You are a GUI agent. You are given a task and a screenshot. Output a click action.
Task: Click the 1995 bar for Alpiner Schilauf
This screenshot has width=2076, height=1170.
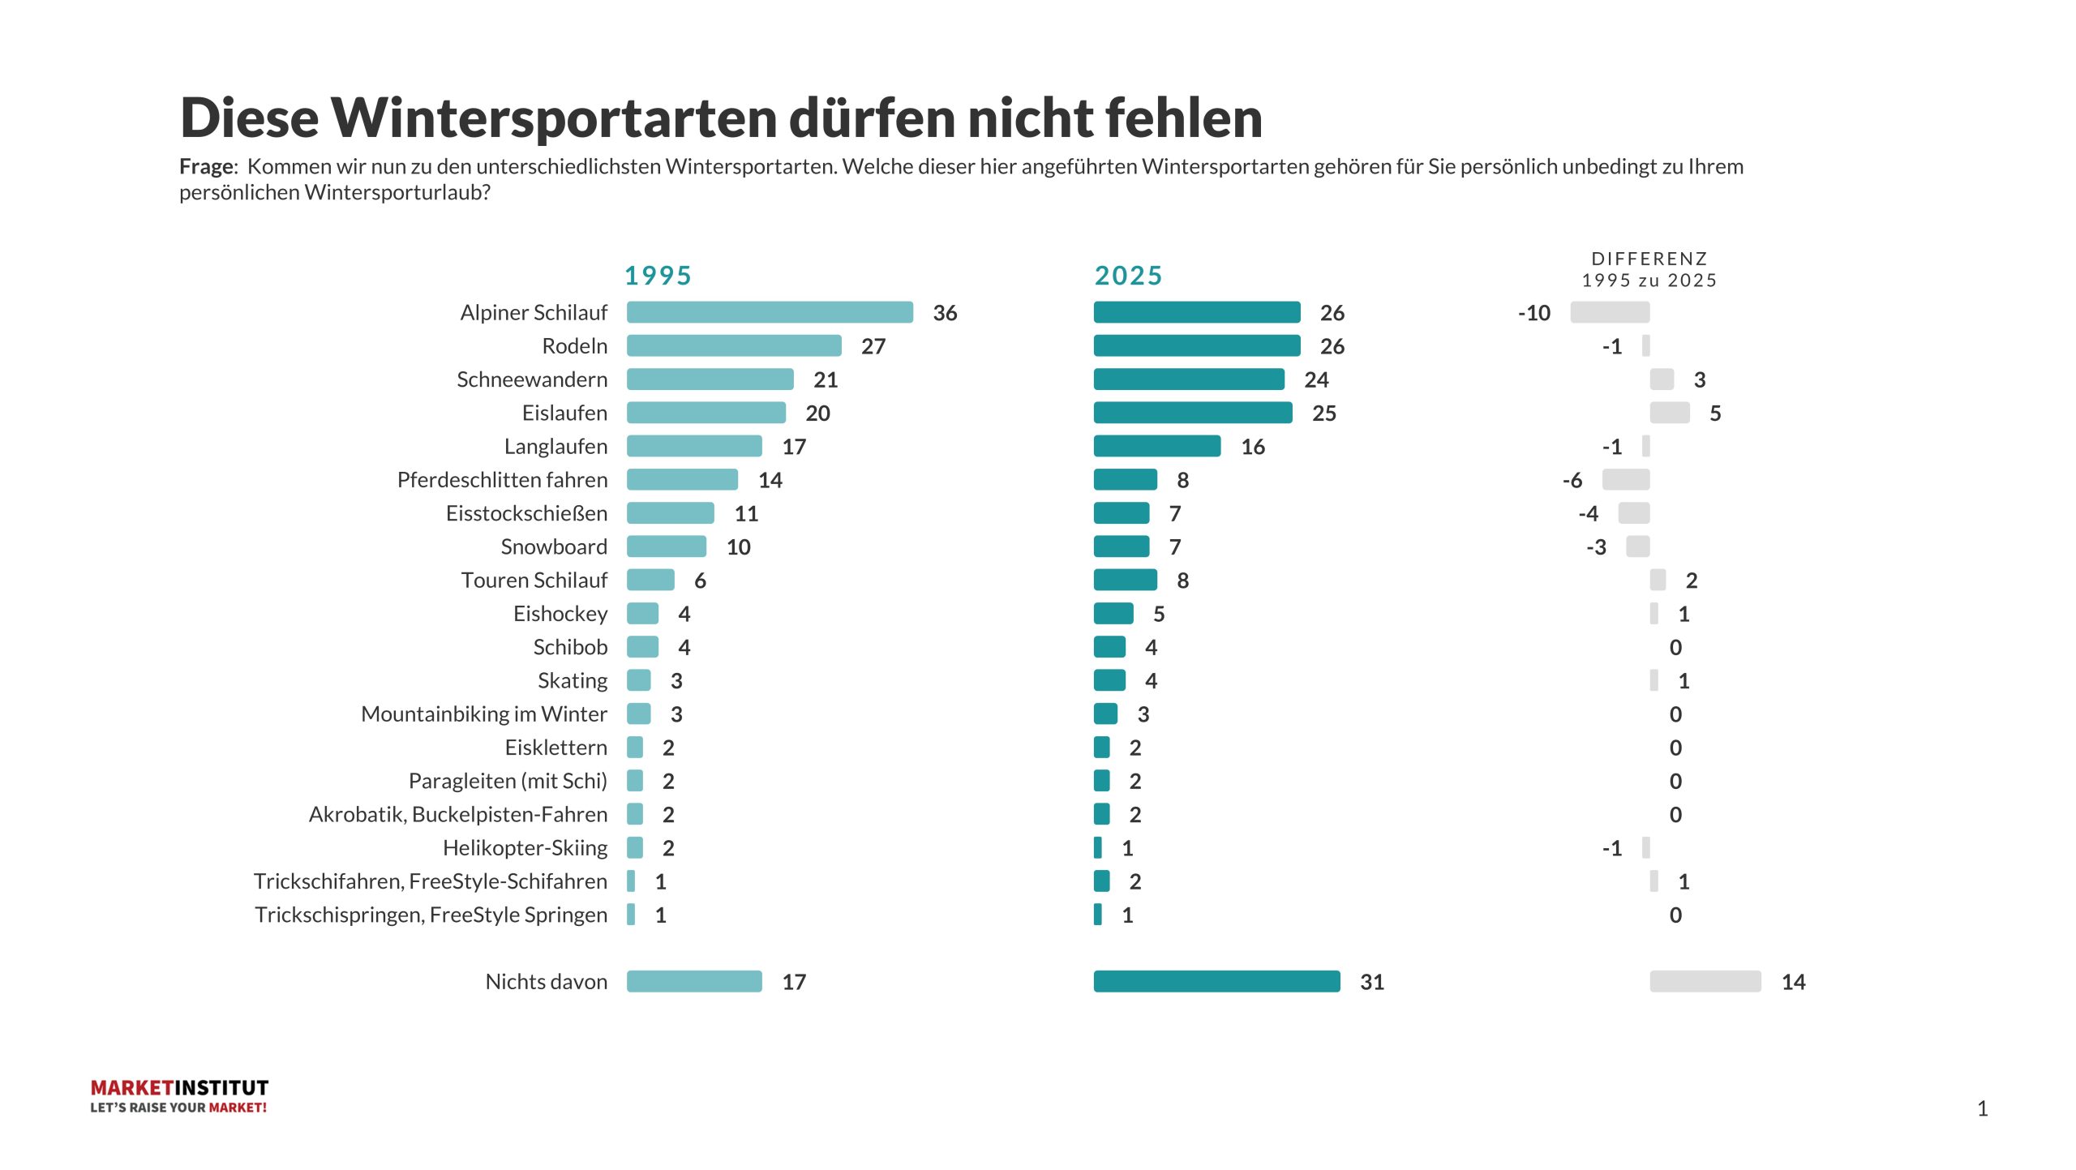click(770, 312)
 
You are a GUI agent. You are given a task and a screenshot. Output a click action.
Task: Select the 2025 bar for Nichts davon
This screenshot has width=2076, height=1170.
click(1216, 981)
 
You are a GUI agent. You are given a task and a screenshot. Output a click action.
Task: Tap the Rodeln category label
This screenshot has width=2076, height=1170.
click(574, 346)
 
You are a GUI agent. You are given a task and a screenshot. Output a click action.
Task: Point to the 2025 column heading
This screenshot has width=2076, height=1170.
click(1128, 276)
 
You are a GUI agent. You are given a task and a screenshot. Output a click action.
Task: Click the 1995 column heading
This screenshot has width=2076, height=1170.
click(658, 276)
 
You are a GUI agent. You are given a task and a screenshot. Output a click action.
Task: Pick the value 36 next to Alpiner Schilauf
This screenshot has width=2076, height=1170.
click(945, 313)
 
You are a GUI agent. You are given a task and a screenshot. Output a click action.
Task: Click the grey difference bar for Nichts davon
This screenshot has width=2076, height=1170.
click(1705, 981)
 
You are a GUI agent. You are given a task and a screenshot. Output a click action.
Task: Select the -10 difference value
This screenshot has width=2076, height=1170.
click(1533, 313)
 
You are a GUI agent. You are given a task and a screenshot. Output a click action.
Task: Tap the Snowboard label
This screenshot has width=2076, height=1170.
click(554, 546)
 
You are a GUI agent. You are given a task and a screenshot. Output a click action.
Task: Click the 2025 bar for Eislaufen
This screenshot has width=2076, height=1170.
click(1193, 413)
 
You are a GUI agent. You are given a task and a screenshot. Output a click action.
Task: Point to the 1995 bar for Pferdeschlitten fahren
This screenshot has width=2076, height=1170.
click(682, 479)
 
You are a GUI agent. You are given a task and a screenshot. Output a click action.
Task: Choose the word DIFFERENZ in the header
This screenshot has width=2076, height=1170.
click(1649, 259)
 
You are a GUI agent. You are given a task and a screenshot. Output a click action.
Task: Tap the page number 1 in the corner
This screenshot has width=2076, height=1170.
click(1982, 1108)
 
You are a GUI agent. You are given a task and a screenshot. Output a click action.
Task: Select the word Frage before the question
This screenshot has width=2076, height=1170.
click(207, 166)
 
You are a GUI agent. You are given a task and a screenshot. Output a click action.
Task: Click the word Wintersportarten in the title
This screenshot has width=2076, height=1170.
click(554, 118)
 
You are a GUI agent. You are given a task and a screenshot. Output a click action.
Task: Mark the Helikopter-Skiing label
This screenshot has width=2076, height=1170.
click(525, 847)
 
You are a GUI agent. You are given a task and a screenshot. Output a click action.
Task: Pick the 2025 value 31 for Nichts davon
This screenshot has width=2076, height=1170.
click(1371, 982)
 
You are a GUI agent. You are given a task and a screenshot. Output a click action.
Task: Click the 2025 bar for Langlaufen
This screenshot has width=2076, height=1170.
click(1157, 446)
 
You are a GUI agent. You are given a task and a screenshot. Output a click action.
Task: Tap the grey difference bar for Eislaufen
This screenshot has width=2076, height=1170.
click(1670, 413)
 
